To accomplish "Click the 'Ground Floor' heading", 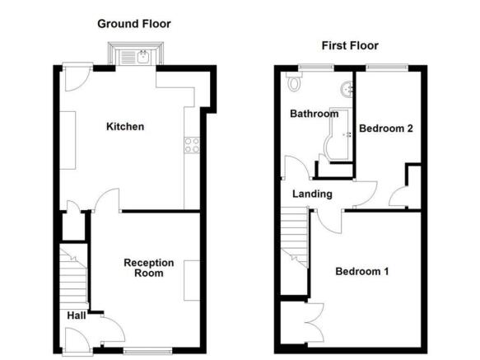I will [134, 24].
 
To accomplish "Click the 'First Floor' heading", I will [351, 46].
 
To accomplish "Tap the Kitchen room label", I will [125, 127].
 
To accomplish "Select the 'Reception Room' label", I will [149, 268].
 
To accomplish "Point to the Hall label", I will [76, 315].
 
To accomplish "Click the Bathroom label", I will [314, 115].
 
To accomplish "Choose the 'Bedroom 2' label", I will [385, 129].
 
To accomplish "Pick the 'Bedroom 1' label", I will [363, 271].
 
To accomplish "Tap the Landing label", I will [313, 194].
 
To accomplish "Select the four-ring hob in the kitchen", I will [192, 145].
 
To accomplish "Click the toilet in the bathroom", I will [293, 83].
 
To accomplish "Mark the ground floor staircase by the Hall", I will [74, 279].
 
